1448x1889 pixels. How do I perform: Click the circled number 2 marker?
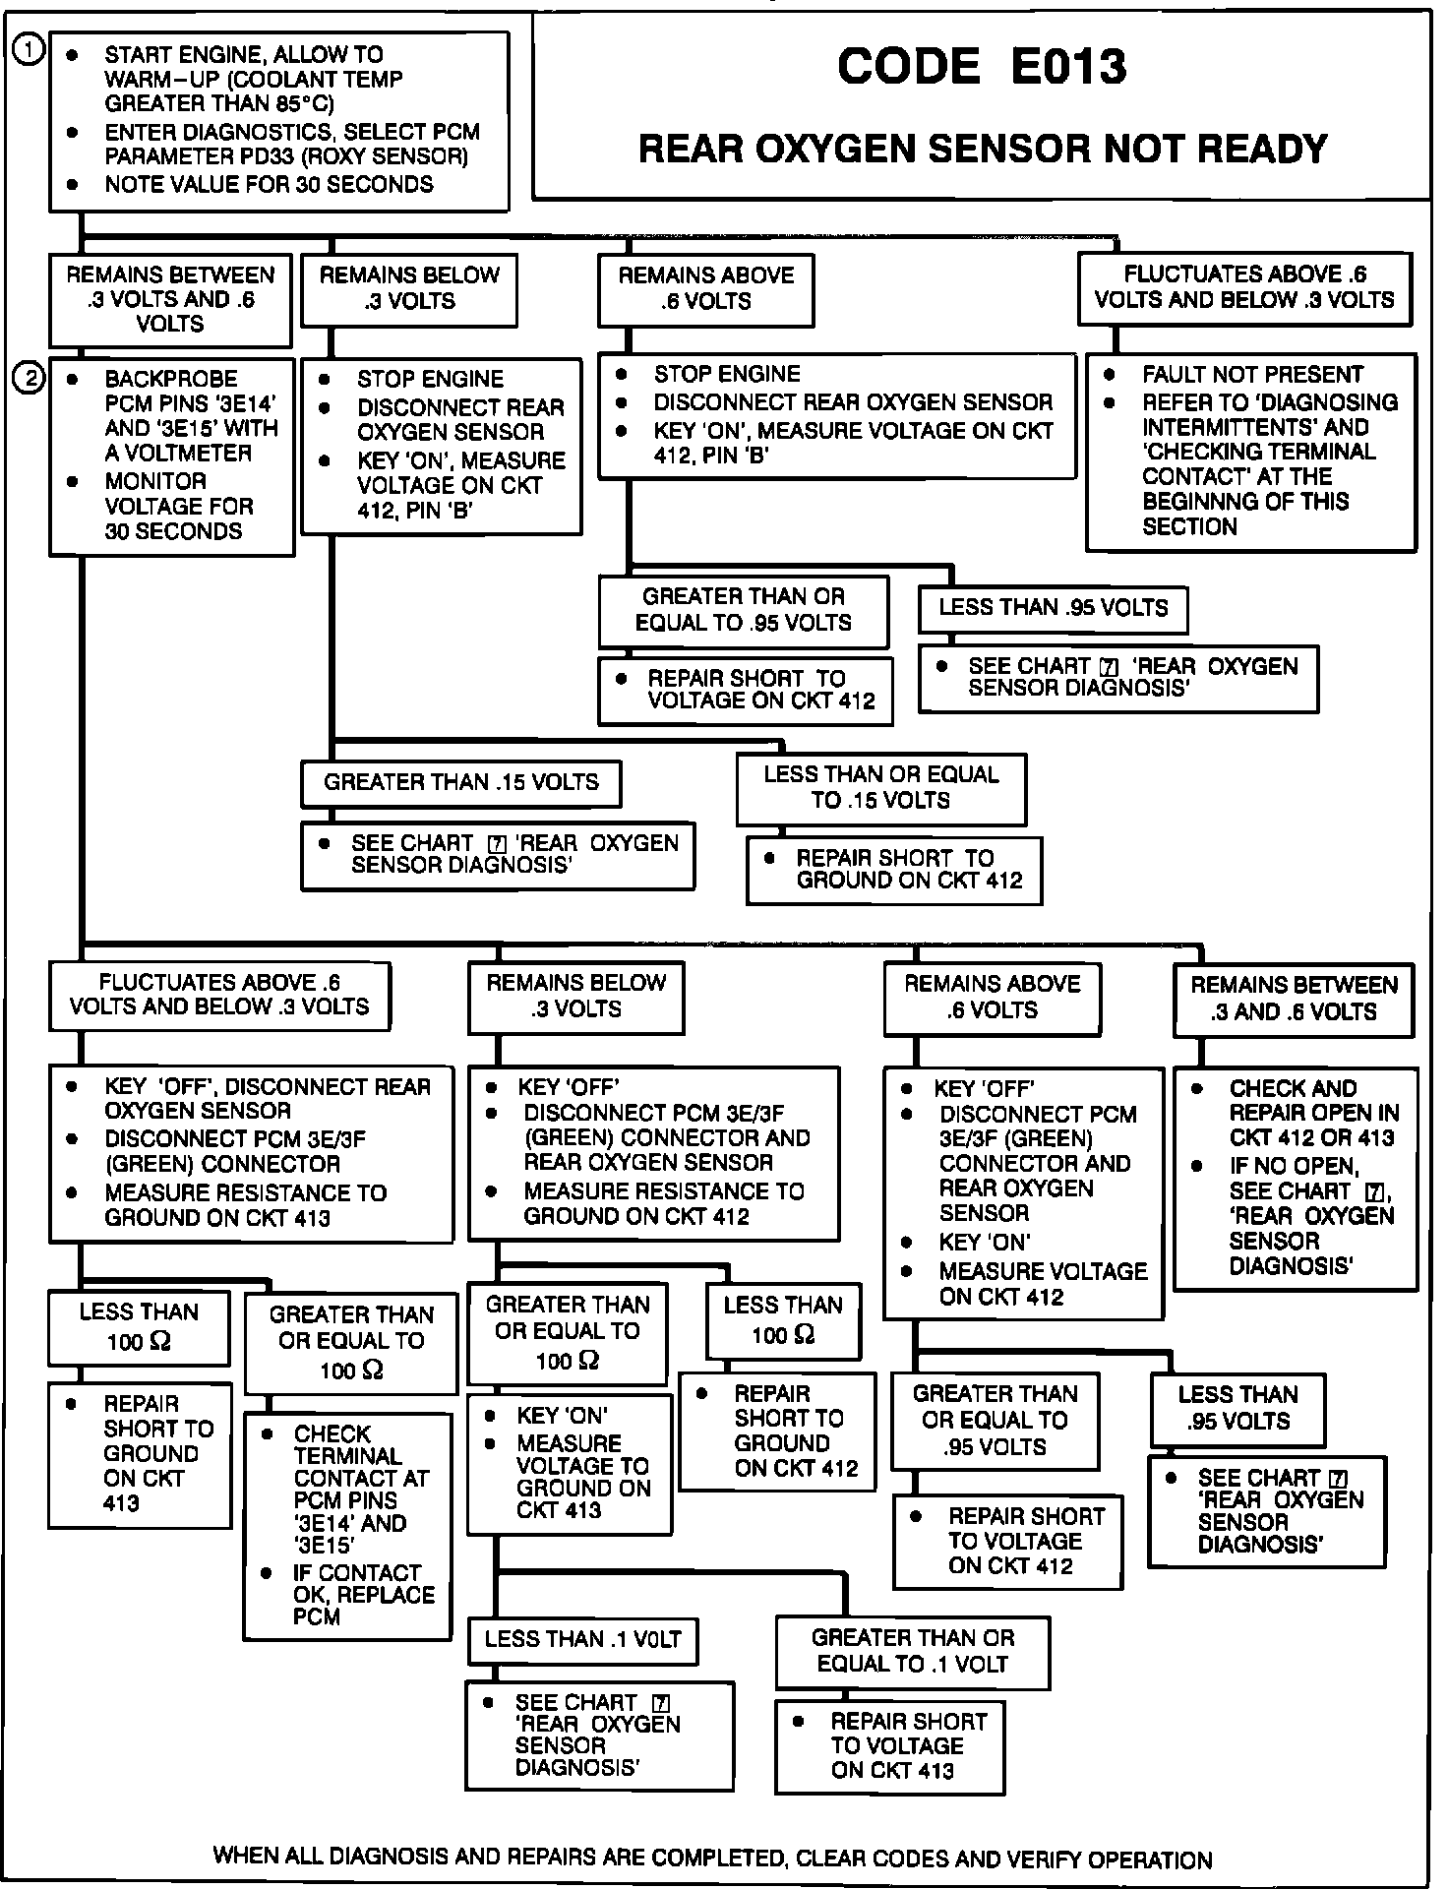(30, 378)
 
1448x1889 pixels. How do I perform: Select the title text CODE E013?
(981, 67)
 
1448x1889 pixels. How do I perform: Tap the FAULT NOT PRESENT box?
(1250, 451)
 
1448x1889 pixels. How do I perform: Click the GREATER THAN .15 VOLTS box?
(461, 783)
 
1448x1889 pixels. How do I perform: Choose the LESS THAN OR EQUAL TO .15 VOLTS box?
(880, 788)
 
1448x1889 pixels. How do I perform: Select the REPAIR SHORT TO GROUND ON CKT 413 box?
(140, 1454)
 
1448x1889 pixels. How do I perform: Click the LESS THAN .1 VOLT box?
(582, 1639)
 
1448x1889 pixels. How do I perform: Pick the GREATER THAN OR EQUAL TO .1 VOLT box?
(912, 1652)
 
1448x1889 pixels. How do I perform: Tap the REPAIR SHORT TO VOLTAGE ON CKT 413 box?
(889, 1746)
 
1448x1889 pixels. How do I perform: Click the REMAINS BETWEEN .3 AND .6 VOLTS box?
(1294, 999)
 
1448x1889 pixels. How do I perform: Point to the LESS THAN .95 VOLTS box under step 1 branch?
(1053, 608)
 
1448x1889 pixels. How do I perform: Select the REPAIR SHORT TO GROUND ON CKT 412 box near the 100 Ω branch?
(777, 1432)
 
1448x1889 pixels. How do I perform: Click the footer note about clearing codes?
(712, 1859)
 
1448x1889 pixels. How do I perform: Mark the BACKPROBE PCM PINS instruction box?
(172, 456)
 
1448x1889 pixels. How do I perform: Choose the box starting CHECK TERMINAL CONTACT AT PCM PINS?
(347, 1525)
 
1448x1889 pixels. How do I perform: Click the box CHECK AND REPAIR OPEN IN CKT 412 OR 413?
(1296, 1178)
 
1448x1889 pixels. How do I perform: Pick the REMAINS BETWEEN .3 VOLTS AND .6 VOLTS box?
(170, 300)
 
